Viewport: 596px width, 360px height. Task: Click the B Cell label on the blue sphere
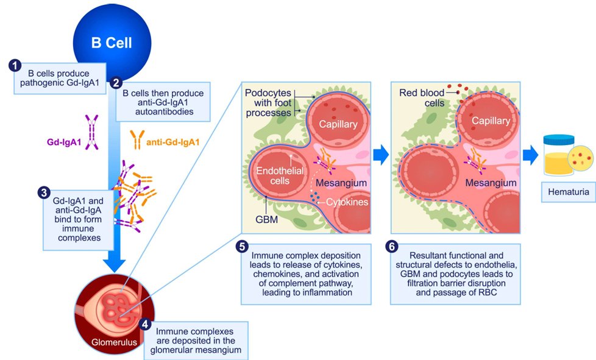coord(112,43)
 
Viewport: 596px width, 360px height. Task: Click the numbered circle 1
coord(15,65)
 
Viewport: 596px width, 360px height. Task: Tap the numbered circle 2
coord(116,83)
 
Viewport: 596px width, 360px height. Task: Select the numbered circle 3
coord(44,192)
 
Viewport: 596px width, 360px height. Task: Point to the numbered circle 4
coord(145,325)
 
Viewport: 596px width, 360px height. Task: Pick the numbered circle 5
coord(242,247)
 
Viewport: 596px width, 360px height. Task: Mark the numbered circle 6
coord(391,247)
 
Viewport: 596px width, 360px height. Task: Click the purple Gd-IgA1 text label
coord(64,143)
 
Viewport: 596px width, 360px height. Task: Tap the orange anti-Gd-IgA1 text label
coord(173,143)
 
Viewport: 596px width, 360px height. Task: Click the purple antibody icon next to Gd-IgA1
coord(92,132)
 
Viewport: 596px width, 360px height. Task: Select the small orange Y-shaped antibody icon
coord(137,139)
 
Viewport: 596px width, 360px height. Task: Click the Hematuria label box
coord(569,192)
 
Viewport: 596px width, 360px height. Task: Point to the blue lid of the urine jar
coord(559,139)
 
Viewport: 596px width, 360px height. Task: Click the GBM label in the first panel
coord(266,219)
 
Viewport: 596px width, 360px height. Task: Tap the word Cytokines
coord(347,202)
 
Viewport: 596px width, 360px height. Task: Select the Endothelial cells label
coord(280,176)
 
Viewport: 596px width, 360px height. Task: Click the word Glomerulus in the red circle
coord(114,342)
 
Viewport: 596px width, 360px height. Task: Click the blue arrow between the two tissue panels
coord(381,155)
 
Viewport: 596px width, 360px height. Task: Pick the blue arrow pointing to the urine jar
coord(531,155)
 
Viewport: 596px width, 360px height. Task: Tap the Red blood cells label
coord(422,98)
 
